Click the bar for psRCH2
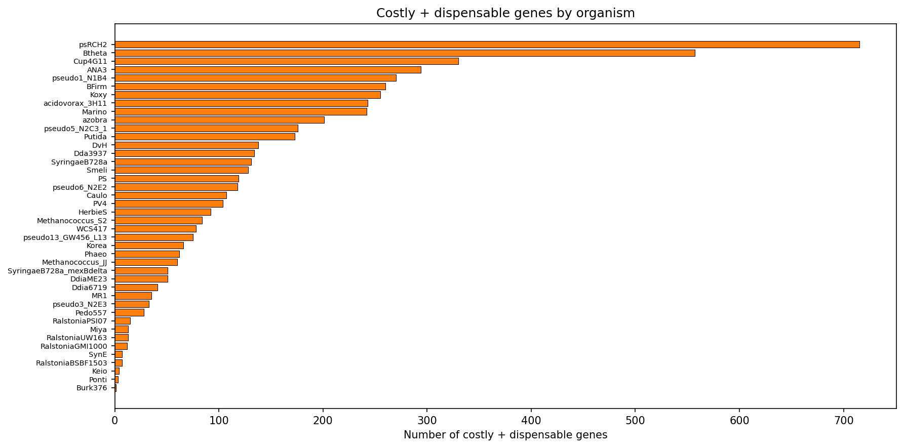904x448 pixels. click(x=487, y=45)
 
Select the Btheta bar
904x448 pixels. click(x=405, y=53)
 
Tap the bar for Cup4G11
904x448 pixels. click(x=287, y=61)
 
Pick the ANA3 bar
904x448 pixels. click(x=268, y=70)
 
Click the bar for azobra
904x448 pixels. click(x=219, y=120)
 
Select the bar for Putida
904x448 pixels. click(x=205, y=137)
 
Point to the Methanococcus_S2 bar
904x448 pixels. click(x=159, y=221)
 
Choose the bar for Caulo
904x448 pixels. click(x=171, y=195)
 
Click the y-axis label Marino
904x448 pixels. click(x=94, y=112)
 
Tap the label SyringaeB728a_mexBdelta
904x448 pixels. click(x=57, y=271)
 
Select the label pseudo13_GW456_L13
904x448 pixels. click(x=65, y=237)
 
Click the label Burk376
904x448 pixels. click(x=92, y=388)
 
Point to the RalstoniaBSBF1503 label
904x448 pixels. click(x=71, y=363)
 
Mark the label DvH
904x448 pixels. click(x=99, y=145)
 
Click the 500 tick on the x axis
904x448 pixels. click(x=635, y=420)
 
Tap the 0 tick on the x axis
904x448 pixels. click(x=115, y=420)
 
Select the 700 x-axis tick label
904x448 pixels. click(x=843, y=420)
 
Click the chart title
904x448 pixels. click(x=505, y=13)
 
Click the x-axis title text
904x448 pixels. click(x=505, y=435)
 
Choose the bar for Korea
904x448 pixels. click(x=149, y=246)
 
